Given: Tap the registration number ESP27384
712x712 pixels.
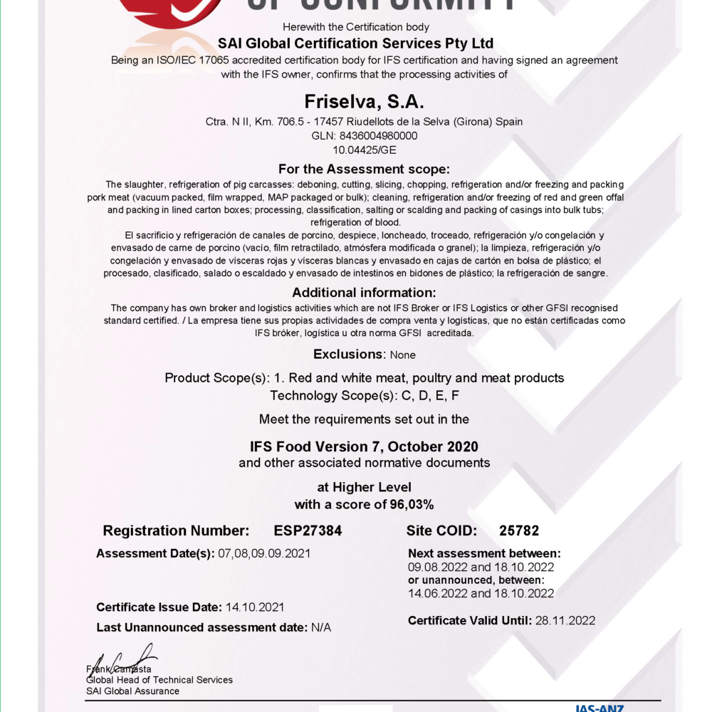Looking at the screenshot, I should [308, 530].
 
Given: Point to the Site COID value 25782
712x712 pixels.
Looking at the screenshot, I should [519, 530].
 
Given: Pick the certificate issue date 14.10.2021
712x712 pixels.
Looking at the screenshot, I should [255, 607].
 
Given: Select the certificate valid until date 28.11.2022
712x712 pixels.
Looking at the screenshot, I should [565, 621].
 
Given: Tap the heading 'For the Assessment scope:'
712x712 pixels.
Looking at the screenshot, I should [364, 169].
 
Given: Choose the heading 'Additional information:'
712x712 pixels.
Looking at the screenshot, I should [364, 293].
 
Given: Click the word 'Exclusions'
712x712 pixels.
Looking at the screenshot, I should [348, 354].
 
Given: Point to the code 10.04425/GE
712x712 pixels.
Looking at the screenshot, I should [365, 150].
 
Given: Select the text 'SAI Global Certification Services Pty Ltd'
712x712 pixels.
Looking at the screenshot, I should [355, 43].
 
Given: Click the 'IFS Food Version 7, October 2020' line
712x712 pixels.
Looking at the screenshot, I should [364, 447].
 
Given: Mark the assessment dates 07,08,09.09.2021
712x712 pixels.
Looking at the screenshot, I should [263, 553].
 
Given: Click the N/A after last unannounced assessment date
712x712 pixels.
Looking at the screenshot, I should [321, 628].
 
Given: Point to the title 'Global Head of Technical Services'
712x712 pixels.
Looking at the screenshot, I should [159, 680].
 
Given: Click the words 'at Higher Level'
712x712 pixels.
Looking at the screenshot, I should [364, 488].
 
